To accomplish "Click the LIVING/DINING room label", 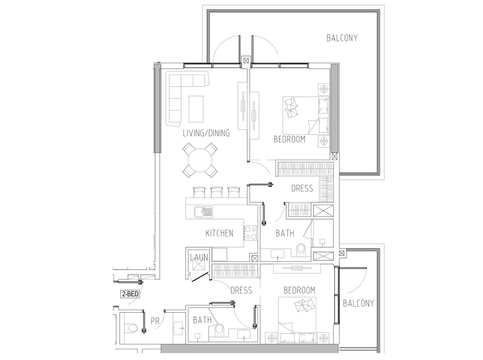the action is coord(206,133).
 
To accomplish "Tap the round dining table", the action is coord(200,160).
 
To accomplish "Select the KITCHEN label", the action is coord(219,233).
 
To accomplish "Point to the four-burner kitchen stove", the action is coord(250,233).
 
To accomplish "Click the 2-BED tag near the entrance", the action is coord(130,294).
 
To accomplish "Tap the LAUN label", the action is coord(199,258).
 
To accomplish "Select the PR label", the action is coord(155,321).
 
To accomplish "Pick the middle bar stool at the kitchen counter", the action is coord(217,191).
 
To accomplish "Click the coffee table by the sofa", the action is coord(196,109).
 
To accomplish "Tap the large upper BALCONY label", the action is coord(342,38).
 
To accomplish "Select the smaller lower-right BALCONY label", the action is coord(358,303).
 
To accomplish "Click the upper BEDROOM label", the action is coord(290,139).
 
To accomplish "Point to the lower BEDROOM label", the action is coord(299,290).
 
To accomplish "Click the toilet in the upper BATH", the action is coord(301,250).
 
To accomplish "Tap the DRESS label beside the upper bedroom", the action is coord(302,188).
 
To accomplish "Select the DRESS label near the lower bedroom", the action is coord(241,290).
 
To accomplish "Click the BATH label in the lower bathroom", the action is coord(202,320).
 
